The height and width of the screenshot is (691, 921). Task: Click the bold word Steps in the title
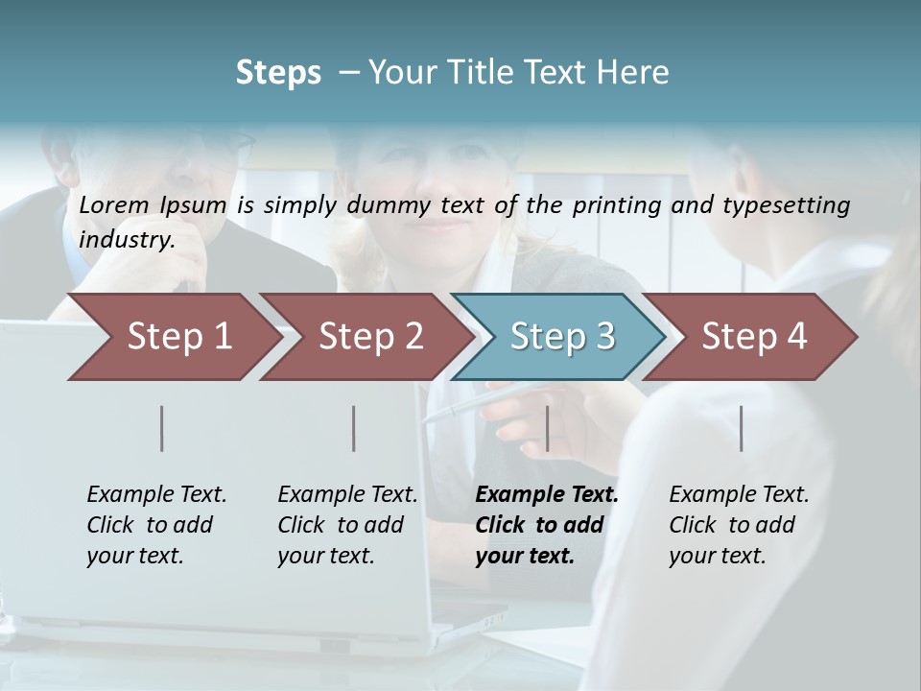click(x=278, y=73)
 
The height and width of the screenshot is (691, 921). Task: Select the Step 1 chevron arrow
click(x=173, y=337)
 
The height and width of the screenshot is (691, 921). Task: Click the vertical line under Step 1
click(x=162, y=428)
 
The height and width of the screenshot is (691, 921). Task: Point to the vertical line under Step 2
click(x=354, y=428)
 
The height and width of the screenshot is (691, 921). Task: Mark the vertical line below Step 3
click(x=547, y=428)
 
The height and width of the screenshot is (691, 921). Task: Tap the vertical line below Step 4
click(x=741, y=428)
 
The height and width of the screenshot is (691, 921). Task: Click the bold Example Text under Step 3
click(x=547, y=495)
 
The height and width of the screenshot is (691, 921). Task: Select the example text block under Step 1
click(x=156, y=525)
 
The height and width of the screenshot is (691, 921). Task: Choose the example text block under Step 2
click(x=347, y=525)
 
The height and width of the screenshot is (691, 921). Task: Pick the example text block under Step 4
click(x=739, y=525)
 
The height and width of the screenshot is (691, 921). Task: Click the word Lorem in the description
click(x=114, y=204)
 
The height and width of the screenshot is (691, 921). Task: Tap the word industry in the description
click(x=127, y=239)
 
